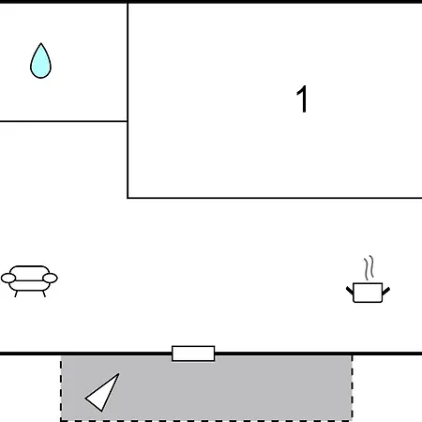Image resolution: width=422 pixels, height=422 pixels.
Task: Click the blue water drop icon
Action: (40, 61)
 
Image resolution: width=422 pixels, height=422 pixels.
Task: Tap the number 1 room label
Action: (302, 98)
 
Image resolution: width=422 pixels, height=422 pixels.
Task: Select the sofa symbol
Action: (29, 281)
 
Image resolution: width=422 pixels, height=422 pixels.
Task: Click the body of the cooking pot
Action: (368, 293)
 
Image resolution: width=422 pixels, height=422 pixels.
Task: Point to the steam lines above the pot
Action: (369, 268)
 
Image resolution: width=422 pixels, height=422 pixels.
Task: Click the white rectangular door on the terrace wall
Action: (193, 354)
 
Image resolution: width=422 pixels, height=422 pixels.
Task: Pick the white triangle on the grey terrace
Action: (102, 392)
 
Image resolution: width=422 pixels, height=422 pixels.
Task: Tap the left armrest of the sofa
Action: (8, 278)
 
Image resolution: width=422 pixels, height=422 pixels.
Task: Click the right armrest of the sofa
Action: (50, 278)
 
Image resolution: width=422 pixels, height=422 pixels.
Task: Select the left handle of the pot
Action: (350, 291)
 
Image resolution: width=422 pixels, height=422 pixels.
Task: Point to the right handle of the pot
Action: (386, 291)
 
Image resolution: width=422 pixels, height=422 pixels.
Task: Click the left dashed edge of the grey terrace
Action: (61, 387)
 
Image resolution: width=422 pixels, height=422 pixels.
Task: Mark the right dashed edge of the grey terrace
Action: (352, 387)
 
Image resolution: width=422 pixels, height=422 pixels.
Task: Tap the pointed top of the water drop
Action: (41, 43)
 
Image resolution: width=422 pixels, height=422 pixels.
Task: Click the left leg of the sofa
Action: (16, 294)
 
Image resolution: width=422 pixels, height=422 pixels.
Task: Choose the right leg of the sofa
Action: (44, 294)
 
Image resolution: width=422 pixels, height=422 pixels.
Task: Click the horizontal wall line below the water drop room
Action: (64, 121)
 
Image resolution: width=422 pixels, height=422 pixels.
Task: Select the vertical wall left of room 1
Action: (128, 100)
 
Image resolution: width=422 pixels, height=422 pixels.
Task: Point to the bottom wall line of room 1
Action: (275, 198)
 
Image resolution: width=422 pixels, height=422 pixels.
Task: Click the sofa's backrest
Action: (29, 269)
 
